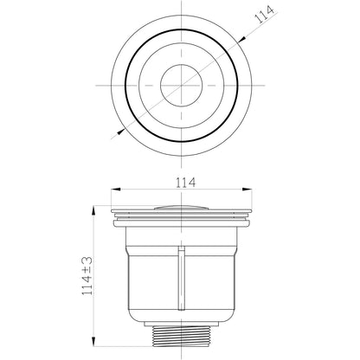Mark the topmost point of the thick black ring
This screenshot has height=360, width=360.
pyautogui.click(x=179, y=34)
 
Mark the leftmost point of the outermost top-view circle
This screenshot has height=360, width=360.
pyautogui.click(x=112, y=86)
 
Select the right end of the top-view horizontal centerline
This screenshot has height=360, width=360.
pyautogui.click(x=261, y=86)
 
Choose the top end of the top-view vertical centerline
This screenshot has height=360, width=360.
pyautogui.click(x=179, y=5)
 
